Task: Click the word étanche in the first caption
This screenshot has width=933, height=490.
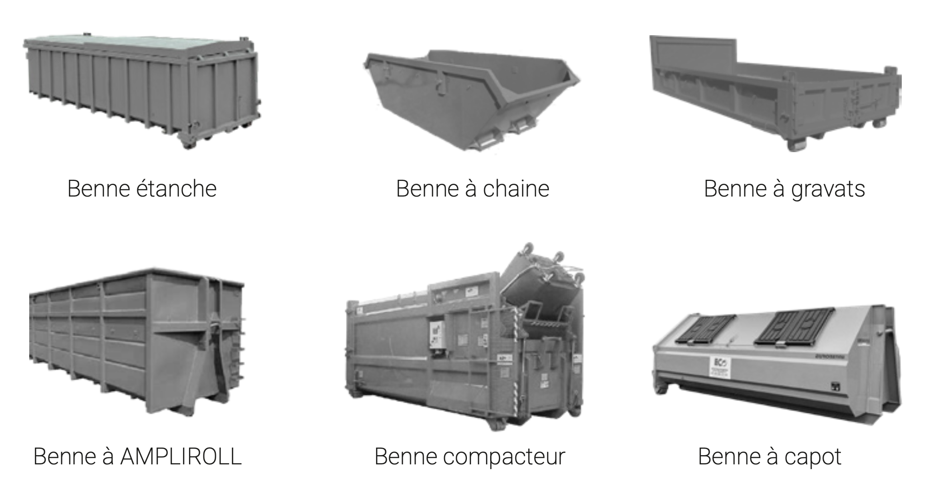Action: pyautogui.click(x=176, y=189)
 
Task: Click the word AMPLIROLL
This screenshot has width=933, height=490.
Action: pyautogui.click(x=181, y=456)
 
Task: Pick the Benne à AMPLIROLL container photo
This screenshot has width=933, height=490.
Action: pyautogui.click(x=136, y=340)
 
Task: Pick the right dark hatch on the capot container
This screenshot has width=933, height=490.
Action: pyautogui.click(x=795, y=326)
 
